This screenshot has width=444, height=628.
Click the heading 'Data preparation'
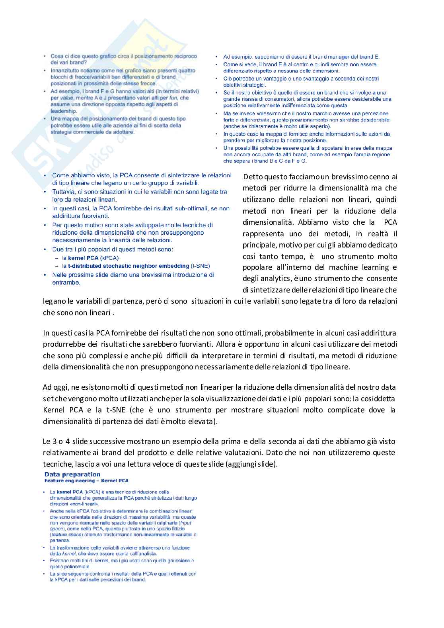point(72,474)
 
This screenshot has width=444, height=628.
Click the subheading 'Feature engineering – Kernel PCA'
point(86,481)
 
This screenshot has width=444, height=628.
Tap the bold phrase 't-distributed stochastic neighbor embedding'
point(129,266)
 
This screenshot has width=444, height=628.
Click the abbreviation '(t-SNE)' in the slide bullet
point(200,266)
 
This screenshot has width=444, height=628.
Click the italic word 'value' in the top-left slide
point(66,98)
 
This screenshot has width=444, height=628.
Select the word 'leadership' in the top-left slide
point(63,111)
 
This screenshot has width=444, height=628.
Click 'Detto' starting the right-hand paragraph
point(253,177)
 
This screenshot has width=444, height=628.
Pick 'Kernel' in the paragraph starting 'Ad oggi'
point(54,410)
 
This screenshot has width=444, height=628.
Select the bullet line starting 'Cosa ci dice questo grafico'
point(123,56)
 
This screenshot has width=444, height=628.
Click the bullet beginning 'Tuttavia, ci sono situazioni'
point(139,192)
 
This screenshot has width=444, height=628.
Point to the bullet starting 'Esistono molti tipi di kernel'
point(122,561)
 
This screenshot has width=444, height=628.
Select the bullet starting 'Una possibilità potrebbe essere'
point(307,148)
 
